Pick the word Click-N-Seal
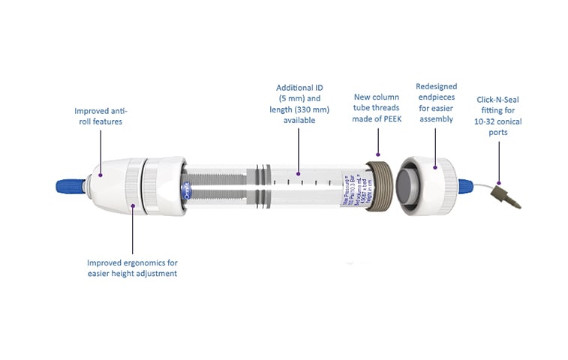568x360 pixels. tap(499, 109)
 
